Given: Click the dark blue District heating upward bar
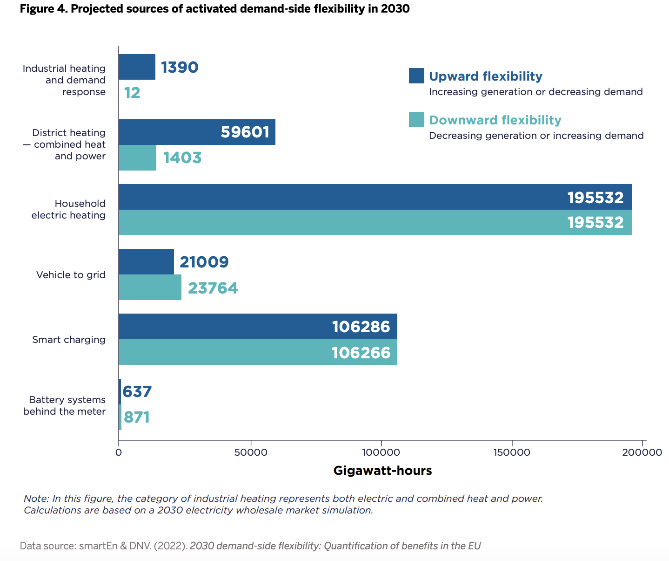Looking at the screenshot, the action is tap(197, 132).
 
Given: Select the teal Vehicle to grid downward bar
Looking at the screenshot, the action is tap(150, 287).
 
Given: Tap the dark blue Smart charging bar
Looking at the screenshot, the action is tap(258, 326).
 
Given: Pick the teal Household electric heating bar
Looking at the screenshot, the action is tap(375, 222).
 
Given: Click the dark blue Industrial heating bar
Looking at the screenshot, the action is tap(137, 67).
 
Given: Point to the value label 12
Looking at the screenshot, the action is tap(132, 93).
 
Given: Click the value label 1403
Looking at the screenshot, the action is tap(182, 157).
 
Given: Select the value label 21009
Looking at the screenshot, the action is tap(204, 262).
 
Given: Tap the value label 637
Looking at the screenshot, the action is tap(137, 391).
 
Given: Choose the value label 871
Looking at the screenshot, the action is tap(137, 417).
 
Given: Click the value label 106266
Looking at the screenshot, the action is tap(361, 353).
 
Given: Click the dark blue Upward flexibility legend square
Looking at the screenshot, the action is tap(416, 76).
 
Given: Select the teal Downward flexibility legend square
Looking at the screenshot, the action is tap(416, 119).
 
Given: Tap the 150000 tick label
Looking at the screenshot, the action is tap(512, 452).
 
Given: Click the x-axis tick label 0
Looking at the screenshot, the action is tap(119, 452).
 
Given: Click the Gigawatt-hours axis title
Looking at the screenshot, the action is tap(382, 471).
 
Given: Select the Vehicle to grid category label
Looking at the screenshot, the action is tap(71, 275).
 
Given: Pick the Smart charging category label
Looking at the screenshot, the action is tap(69, 340).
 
